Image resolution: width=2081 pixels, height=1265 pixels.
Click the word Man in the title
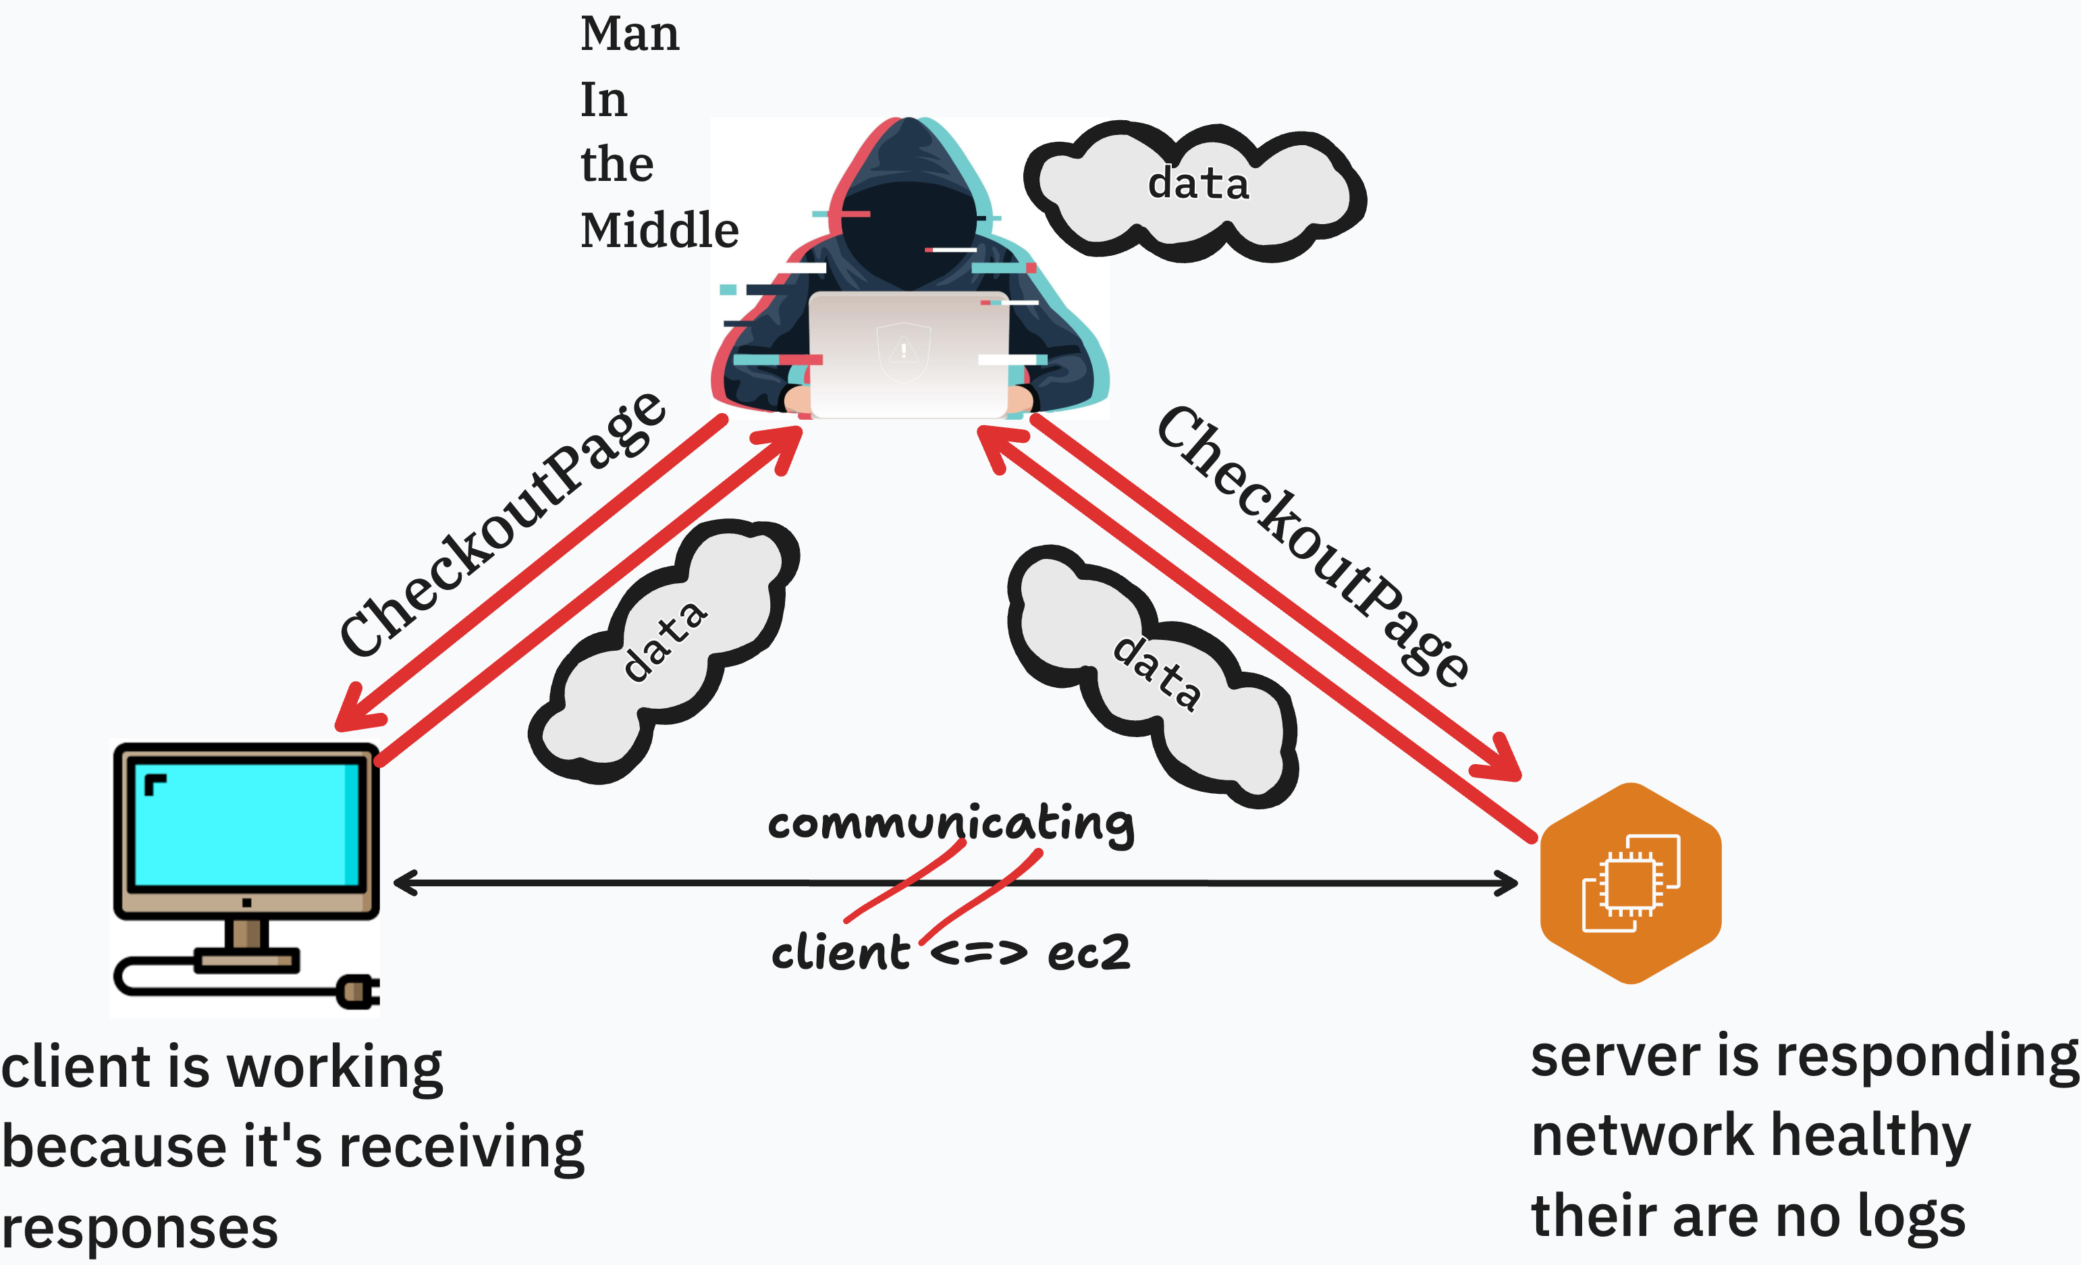coord(629,34)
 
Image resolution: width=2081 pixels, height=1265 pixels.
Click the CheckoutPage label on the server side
coord(1314,545)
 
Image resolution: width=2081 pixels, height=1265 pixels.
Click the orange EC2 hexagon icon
coord(1631,884)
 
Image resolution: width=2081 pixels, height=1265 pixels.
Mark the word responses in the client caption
coord(139,1228)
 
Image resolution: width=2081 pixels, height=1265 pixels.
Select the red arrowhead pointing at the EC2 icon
coord(1499,760)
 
